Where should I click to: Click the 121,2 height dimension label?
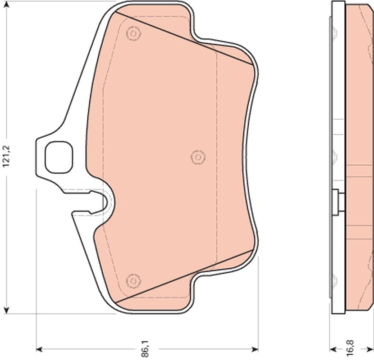point(6,156)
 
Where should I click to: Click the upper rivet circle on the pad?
point(133,33)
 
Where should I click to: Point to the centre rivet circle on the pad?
point(197,157)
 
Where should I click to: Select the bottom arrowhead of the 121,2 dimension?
point(6,310)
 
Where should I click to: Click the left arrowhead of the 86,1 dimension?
point(39,349)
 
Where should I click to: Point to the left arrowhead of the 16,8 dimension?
point(333,349)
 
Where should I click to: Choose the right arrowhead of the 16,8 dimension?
point(370,349)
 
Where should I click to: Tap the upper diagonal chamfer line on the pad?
point(180,38)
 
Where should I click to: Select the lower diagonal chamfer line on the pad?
point(180,276)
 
